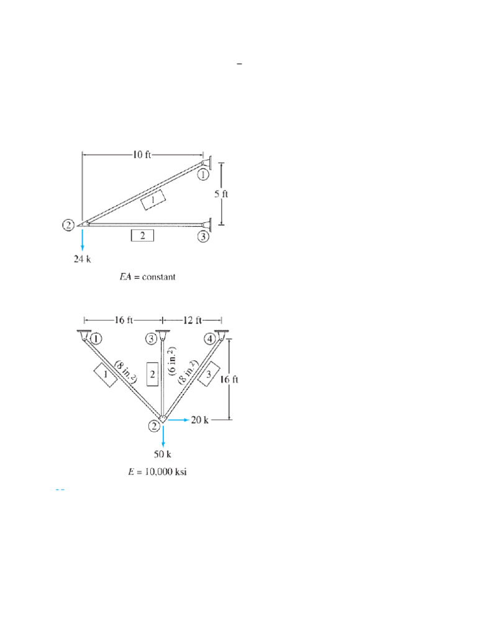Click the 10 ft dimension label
point(142,155)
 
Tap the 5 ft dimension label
point(222,194)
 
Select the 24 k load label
point(83,259)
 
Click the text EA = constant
point(148,277)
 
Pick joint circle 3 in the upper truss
point(203,237)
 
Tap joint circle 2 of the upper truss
point(68,225)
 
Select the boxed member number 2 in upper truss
point(142,235)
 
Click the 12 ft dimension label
point(193,320)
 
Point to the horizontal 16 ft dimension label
point(124,320)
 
